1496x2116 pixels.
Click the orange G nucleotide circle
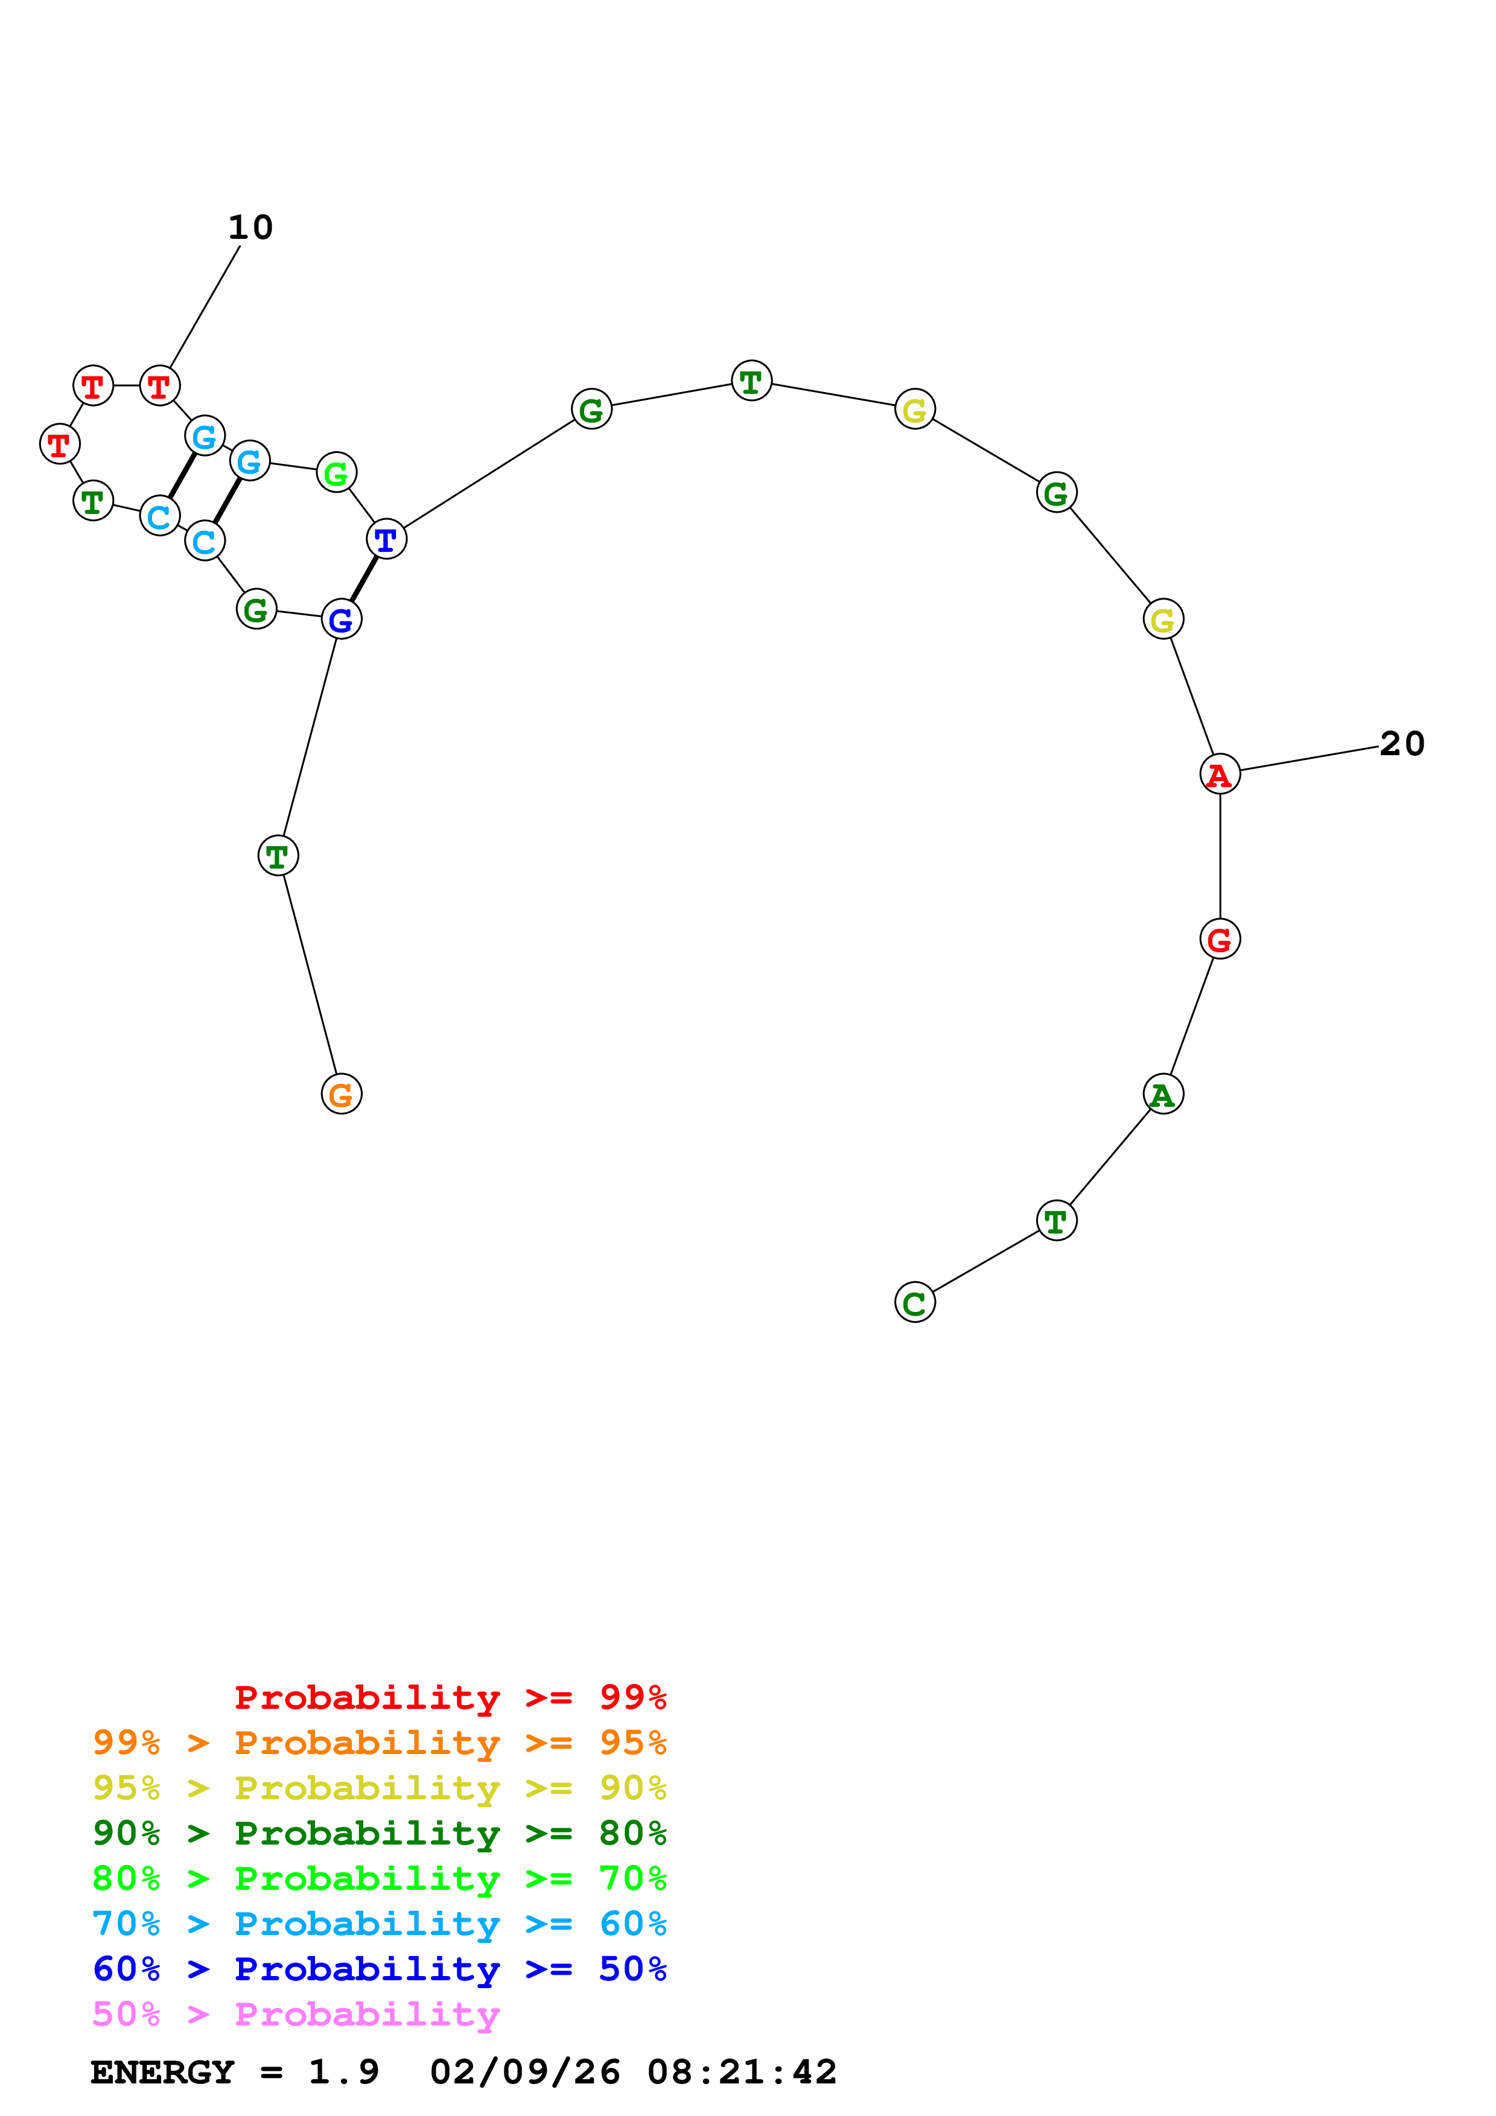pyautogui.click(x=341, y=1094)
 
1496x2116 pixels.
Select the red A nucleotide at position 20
pyautogui.click(x=1220, y=773)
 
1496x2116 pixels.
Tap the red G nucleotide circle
pyautogui.click(x=1220, y=939)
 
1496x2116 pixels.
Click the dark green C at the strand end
pyautogui.click(x=914, y=1302)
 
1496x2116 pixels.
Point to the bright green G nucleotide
pyautogui.click(x=336, y=473)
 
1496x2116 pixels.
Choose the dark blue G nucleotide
pyautogui.click(x=341, y=619)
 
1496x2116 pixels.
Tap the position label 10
pyautogui.click(x=250, y=227)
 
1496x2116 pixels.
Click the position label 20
pyautogui.click(x=1402, y=744)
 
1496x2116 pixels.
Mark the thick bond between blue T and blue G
pyautogui.click(x=364, y=579)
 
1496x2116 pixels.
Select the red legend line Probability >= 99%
pyautogui.click(x=450, y=1697)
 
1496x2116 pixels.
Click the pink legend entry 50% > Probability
pyautogui.click(x=296, y=2015)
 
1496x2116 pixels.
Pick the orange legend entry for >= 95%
pyautogui.click(x=379, y=1743)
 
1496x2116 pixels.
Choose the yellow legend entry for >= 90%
pyautogui.click(x=379, y=1788)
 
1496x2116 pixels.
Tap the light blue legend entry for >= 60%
pyautogui.click(x=379, y=1924)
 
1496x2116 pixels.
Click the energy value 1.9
pyautogui.click(x=343, y=2073)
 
